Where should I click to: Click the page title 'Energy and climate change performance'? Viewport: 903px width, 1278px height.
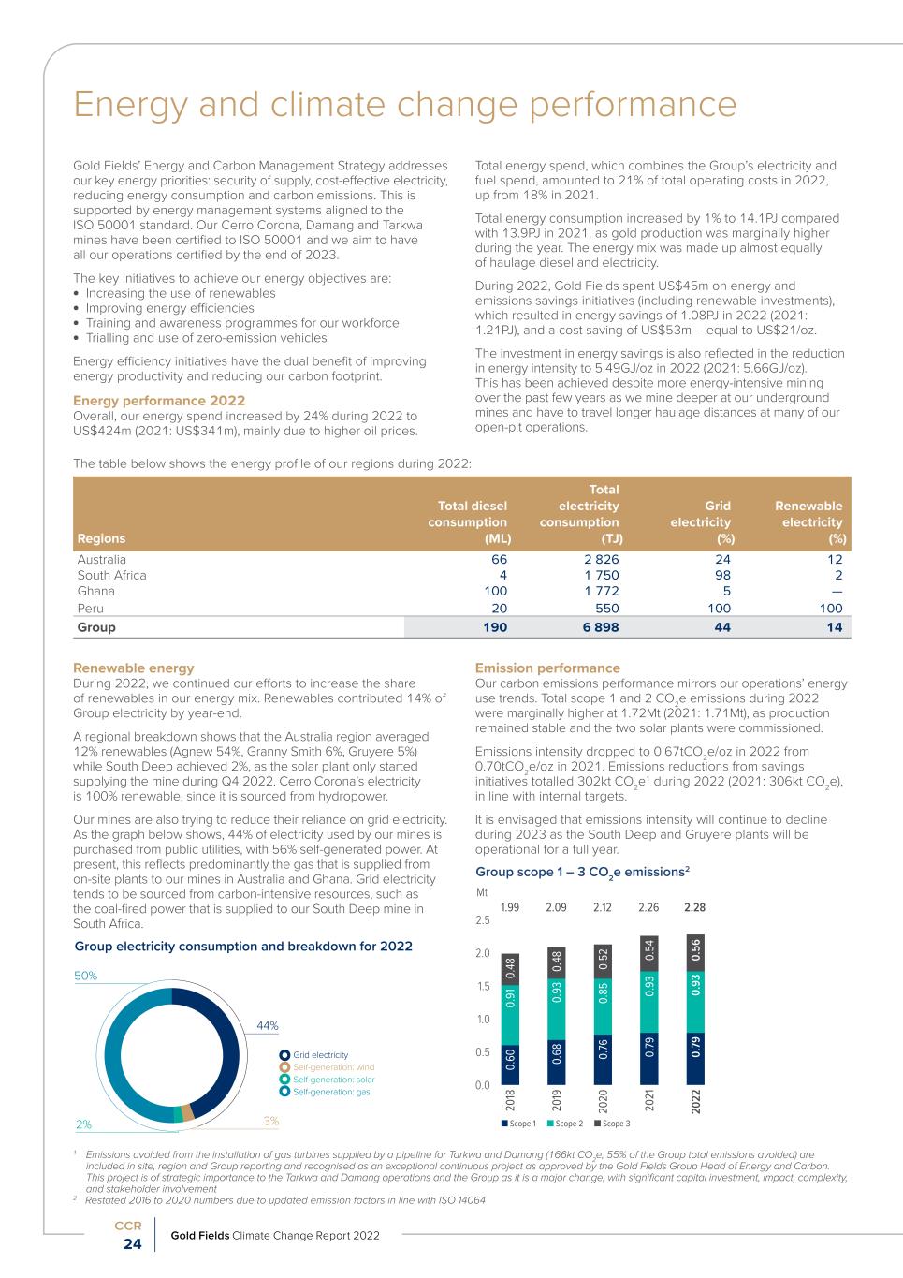click(x=404, y=105)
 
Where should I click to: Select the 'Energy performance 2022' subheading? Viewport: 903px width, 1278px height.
click(x=159, y=401)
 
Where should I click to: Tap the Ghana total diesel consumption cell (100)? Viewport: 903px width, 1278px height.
click(x=495, y=591)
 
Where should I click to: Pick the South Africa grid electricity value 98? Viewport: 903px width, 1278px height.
click(x=722, y=575)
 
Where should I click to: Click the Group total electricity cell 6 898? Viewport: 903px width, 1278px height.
click(x=601, y=627)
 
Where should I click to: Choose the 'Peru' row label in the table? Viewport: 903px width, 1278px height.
click(x=91, y=608)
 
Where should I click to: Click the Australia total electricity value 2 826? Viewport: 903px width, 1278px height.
click(x=601, y=559)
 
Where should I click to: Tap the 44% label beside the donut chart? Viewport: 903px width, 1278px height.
click(x=268, y=1025)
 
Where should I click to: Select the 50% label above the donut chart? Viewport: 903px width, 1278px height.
click(x=85, y=976)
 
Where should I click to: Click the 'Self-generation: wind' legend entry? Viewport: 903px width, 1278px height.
click(x=332, y=1067)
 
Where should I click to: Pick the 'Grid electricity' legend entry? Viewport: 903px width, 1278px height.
click(x=320, y=1055)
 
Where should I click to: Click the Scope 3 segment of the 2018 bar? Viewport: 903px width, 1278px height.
click(x=511, y=963)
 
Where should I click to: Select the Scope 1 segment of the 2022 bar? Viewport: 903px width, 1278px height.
click(x=696, y=1047)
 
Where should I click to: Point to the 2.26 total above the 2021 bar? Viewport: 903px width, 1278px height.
click(x=648, y=907)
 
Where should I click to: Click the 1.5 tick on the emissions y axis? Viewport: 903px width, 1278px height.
click(x=483, y=987)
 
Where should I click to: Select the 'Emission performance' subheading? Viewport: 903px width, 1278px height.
click(x=547, y=668)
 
